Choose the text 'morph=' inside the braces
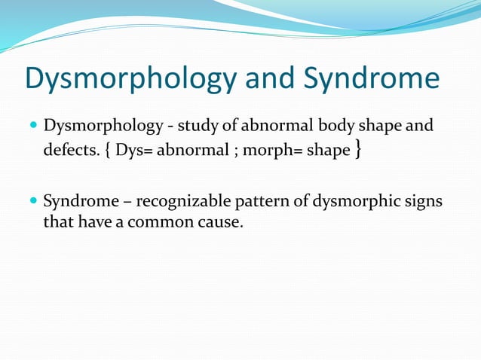[267, 151]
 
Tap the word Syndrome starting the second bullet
[75, 202]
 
